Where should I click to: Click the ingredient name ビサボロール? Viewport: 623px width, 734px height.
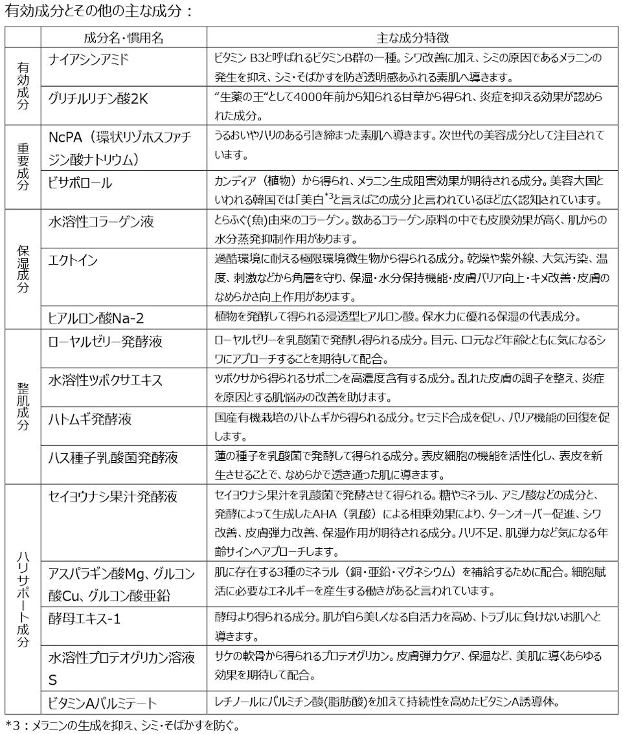click(x=81, y=183)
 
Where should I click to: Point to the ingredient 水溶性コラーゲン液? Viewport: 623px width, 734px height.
click(x=102, y=222)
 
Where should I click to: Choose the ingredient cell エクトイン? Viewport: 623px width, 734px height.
click(x=74, y=261)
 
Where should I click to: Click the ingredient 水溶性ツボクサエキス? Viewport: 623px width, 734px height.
click(x=106, y=379)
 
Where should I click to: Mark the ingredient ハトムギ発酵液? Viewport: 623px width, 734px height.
click(x=91, y=419)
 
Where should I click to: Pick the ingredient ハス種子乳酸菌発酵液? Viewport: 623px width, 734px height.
click(x=113, y=458)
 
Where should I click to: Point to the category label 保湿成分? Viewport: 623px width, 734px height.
click(x=23, y=268)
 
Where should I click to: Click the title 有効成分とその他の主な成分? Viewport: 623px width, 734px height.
click(x=97, y=11)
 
